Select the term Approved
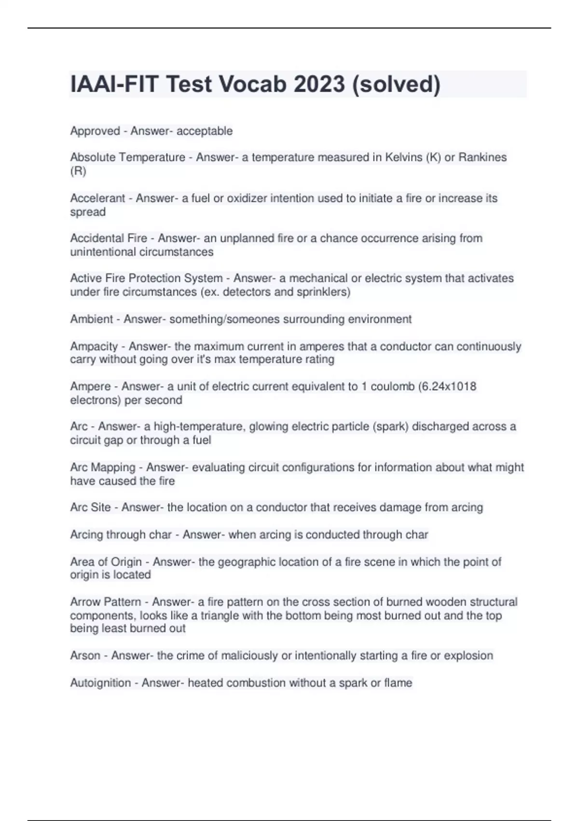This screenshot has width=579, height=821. tap(95, 131)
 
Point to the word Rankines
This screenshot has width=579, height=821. tap(482, 157)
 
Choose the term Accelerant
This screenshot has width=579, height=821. tap(97, 198)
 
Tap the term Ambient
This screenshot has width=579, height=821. tap(91, 319)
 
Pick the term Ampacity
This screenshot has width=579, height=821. tap(94, 346)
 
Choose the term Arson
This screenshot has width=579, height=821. tap(85, 655)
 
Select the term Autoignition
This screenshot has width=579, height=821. tap(100, 682)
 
